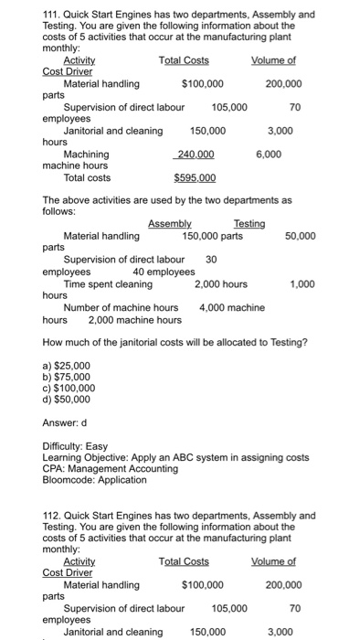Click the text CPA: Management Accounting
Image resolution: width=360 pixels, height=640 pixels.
[x=111, y=468]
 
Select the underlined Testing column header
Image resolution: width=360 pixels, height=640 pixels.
[x=249, y=224]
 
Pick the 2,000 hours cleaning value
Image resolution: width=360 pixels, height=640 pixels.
[x=220, y=283]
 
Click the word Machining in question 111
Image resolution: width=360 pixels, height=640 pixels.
[x=86, y=155]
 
